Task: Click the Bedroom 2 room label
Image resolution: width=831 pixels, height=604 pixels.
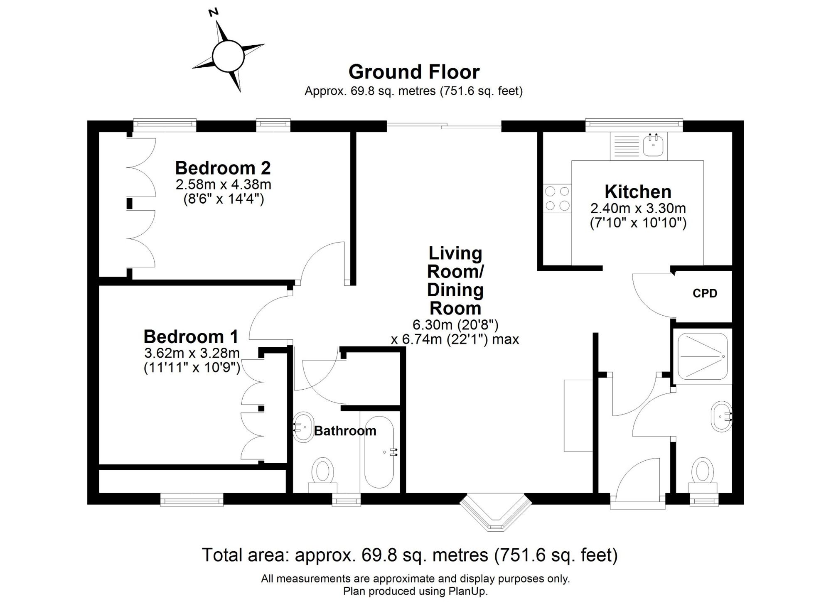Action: pos(223,168)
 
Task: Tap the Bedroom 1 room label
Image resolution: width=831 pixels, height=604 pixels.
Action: pos(191,336)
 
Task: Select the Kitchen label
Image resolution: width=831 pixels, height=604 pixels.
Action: pos(638,192)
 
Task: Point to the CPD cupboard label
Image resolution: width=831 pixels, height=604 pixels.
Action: pos(705,293)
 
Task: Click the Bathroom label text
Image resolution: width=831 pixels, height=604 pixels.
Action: pos(345,431)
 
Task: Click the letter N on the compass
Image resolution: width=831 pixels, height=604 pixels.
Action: pos(214,12)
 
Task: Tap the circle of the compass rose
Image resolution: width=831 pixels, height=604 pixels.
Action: pos(228,56)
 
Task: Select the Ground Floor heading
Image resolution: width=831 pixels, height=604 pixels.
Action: pos(414,72)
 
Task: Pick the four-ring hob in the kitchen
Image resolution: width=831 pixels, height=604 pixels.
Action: pos(557,199)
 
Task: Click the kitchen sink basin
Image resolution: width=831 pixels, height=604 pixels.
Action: pos(654,146)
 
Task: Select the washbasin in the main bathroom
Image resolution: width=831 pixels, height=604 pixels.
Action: pos(304,427)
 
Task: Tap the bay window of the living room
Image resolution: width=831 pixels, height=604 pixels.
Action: pos(495,514)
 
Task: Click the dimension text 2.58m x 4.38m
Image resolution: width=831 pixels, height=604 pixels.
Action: pos(223,184)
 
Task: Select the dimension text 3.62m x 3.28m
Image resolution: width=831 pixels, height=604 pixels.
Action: pos(192,353)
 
